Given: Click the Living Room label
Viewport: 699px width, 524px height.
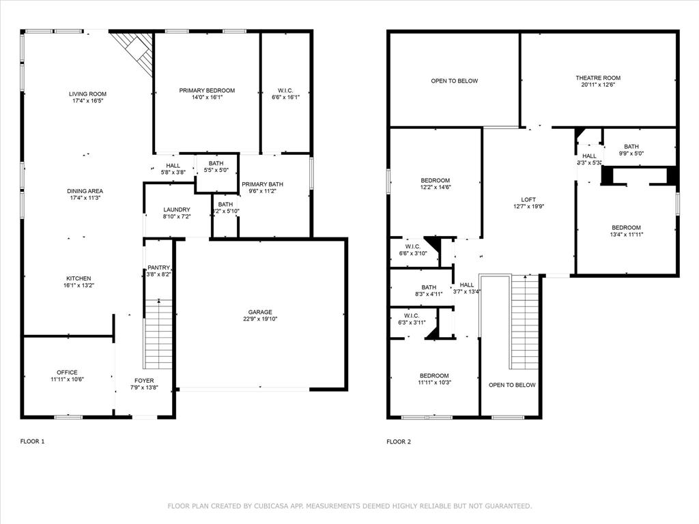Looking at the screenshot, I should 87,93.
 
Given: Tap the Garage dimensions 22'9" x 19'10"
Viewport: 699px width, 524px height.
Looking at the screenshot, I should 261,319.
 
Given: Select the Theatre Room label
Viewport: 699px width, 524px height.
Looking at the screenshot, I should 597,78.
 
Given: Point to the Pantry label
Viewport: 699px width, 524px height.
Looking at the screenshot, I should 158,267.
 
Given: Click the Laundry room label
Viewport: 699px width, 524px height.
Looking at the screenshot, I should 177,209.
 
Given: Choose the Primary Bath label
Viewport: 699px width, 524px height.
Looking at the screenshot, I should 263,184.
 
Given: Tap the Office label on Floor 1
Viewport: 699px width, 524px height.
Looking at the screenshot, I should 67,373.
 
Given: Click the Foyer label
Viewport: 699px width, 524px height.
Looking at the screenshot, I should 143,381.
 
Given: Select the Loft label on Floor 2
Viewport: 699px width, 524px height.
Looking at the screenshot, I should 528,199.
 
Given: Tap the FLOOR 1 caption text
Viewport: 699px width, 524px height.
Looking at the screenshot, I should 32,441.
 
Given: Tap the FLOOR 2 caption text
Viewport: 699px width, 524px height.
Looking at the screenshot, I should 399,441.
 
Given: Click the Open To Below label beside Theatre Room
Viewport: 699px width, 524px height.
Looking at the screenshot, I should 454,81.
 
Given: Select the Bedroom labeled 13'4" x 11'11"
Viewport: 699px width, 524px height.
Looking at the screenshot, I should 626,227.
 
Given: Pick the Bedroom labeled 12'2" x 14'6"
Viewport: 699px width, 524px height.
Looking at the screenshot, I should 435,180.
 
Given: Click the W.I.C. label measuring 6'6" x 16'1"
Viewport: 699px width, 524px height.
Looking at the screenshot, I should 285,90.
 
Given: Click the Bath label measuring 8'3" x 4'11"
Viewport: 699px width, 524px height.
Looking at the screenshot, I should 429,287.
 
